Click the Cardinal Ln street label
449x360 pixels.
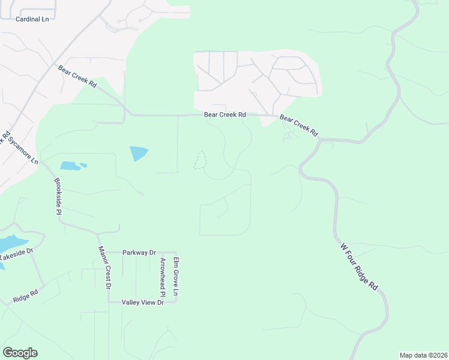pyautogui.click(x=32, y=19)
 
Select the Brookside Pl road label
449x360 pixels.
pyautogui.click(x=58, y=196)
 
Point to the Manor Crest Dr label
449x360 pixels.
pyautogui.click(x=105, y=268)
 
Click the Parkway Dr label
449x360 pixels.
pyautogui.click(x=139, y=253)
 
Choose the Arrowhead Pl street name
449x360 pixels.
pyautogui.click(x=163, y=277)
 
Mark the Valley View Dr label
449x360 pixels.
pyautogui.click(x=142, y=302)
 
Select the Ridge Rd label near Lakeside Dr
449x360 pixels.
pyautogui.click(x=25, y=296)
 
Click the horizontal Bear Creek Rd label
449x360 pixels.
pyautogui.click(x=225, y=115)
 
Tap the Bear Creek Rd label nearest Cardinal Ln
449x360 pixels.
pyautogui.click(x=77, y=77)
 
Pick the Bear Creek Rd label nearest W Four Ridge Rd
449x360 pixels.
pyautogui.click(x=298, y=126)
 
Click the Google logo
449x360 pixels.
pyautogui.click(x=20, y=353)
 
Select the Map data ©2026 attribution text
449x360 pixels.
pyautogui.click(x=423, y=355)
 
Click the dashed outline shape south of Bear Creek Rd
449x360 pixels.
pyautogui.click(x=200, y=160)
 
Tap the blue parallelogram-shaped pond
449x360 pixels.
pyautogui.click(x=138, y=153)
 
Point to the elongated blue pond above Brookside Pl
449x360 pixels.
pyautogui.click(x=72, y=165)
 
